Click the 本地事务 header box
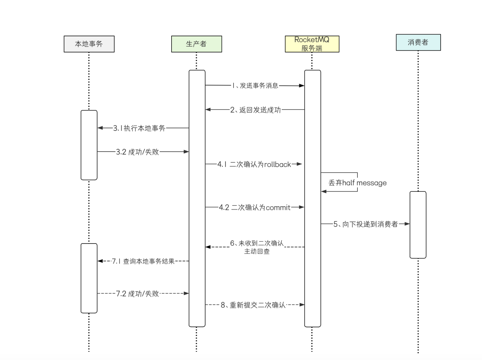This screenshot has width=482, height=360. pyautogui.click(x=89, y=44)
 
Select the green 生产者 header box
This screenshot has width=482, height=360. pyautogui.click(x=196, y=44)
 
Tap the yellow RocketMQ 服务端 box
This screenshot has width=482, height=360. pyautogui.click(x=312, y=44)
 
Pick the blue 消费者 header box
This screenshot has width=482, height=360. pyautogui.click(x=418, y=42)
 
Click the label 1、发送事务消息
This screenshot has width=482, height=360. pyautogui.click(x=255, y=86)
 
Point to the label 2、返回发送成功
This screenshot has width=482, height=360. pyautogui.click(x=255, y=110)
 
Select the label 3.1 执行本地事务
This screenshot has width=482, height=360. pyautogui.click(x=139, y=128)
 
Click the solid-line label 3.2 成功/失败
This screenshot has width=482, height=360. pyautogui.click(x=137, y=152)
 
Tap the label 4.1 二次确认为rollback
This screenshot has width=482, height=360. pyautogui.click(x=254, y=164)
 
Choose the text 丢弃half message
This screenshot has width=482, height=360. pyautogui.click(x=357, y=183)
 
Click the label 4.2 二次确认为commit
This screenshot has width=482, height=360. pyautogui.click(x=254, y=208)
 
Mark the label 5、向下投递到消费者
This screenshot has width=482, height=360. pyautogui.click(x=366, y=224)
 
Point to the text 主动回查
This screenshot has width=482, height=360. pyautogui.click(x=257, y=251)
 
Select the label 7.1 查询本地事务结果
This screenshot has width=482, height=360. pyautogui.click(x=143, y=261)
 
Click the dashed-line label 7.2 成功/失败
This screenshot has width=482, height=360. pyautogui.click(x=137, y=294)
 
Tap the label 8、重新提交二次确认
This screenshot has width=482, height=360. pyautogui.click(x=253, y=305)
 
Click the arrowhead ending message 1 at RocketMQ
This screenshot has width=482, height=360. pyautogui.click(x=302, y=86)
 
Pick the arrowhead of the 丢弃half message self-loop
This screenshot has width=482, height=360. pyautogui.click(x=324, y=191)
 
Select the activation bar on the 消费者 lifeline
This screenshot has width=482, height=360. pyautogui.click(x=418, y=225)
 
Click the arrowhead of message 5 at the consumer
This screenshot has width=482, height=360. pyautogui.click(x=407, y=224)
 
